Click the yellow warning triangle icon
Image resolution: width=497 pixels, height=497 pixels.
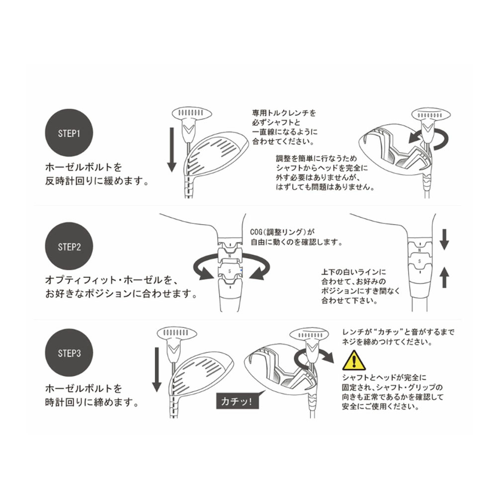tap(354, 359)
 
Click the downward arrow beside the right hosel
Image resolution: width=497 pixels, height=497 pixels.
tap(445, 239)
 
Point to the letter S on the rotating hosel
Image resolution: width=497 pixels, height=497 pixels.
tap(230, 268)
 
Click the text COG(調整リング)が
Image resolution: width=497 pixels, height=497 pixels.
tap(284, 232)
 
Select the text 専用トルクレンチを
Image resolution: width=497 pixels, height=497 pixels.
tap(284, 113)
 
